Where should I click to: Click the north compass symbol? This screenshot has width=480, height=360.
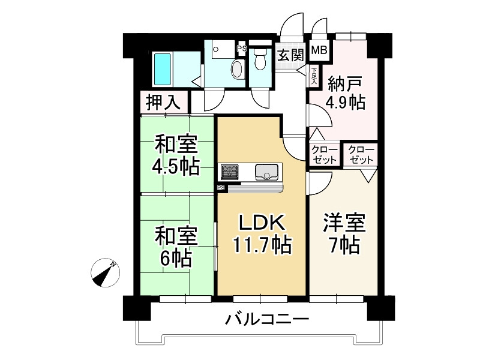pyautogui.click(x=106, y=272)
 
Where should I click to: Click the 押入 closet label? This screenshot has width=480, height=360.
pyautogui.click(x=164, y=102)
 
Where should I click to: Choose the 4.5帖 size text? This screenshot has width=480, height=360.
pyautogui.click(x=176, y=166)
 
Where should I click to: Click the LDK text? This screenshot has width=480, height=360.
pyautogui.click(x=262, y=222)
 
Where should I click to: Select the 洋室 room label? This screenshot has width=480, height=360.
pyautogui.click(x=343, y=223)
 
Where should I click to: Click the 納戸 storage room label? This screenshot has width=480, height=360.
pyautogui.click(x=346, y=80)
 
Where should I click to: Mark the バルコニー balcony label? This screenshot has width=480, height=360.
pyautogui.click(x=267, y=320)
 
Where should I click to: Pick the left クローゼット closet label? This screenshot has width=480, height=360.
pyautogui.click(x=325, y=155)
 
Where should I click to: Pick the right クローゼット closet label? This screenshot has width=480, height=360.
pyautogui.click(x=360, y=155)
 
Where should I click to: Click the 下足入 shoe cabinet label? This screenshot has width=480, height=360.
pyautogui.click(x=314, y=76)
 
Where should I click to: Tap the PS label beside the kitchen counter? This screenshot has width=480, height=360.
pyautogui.click(x=221, y=188)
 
